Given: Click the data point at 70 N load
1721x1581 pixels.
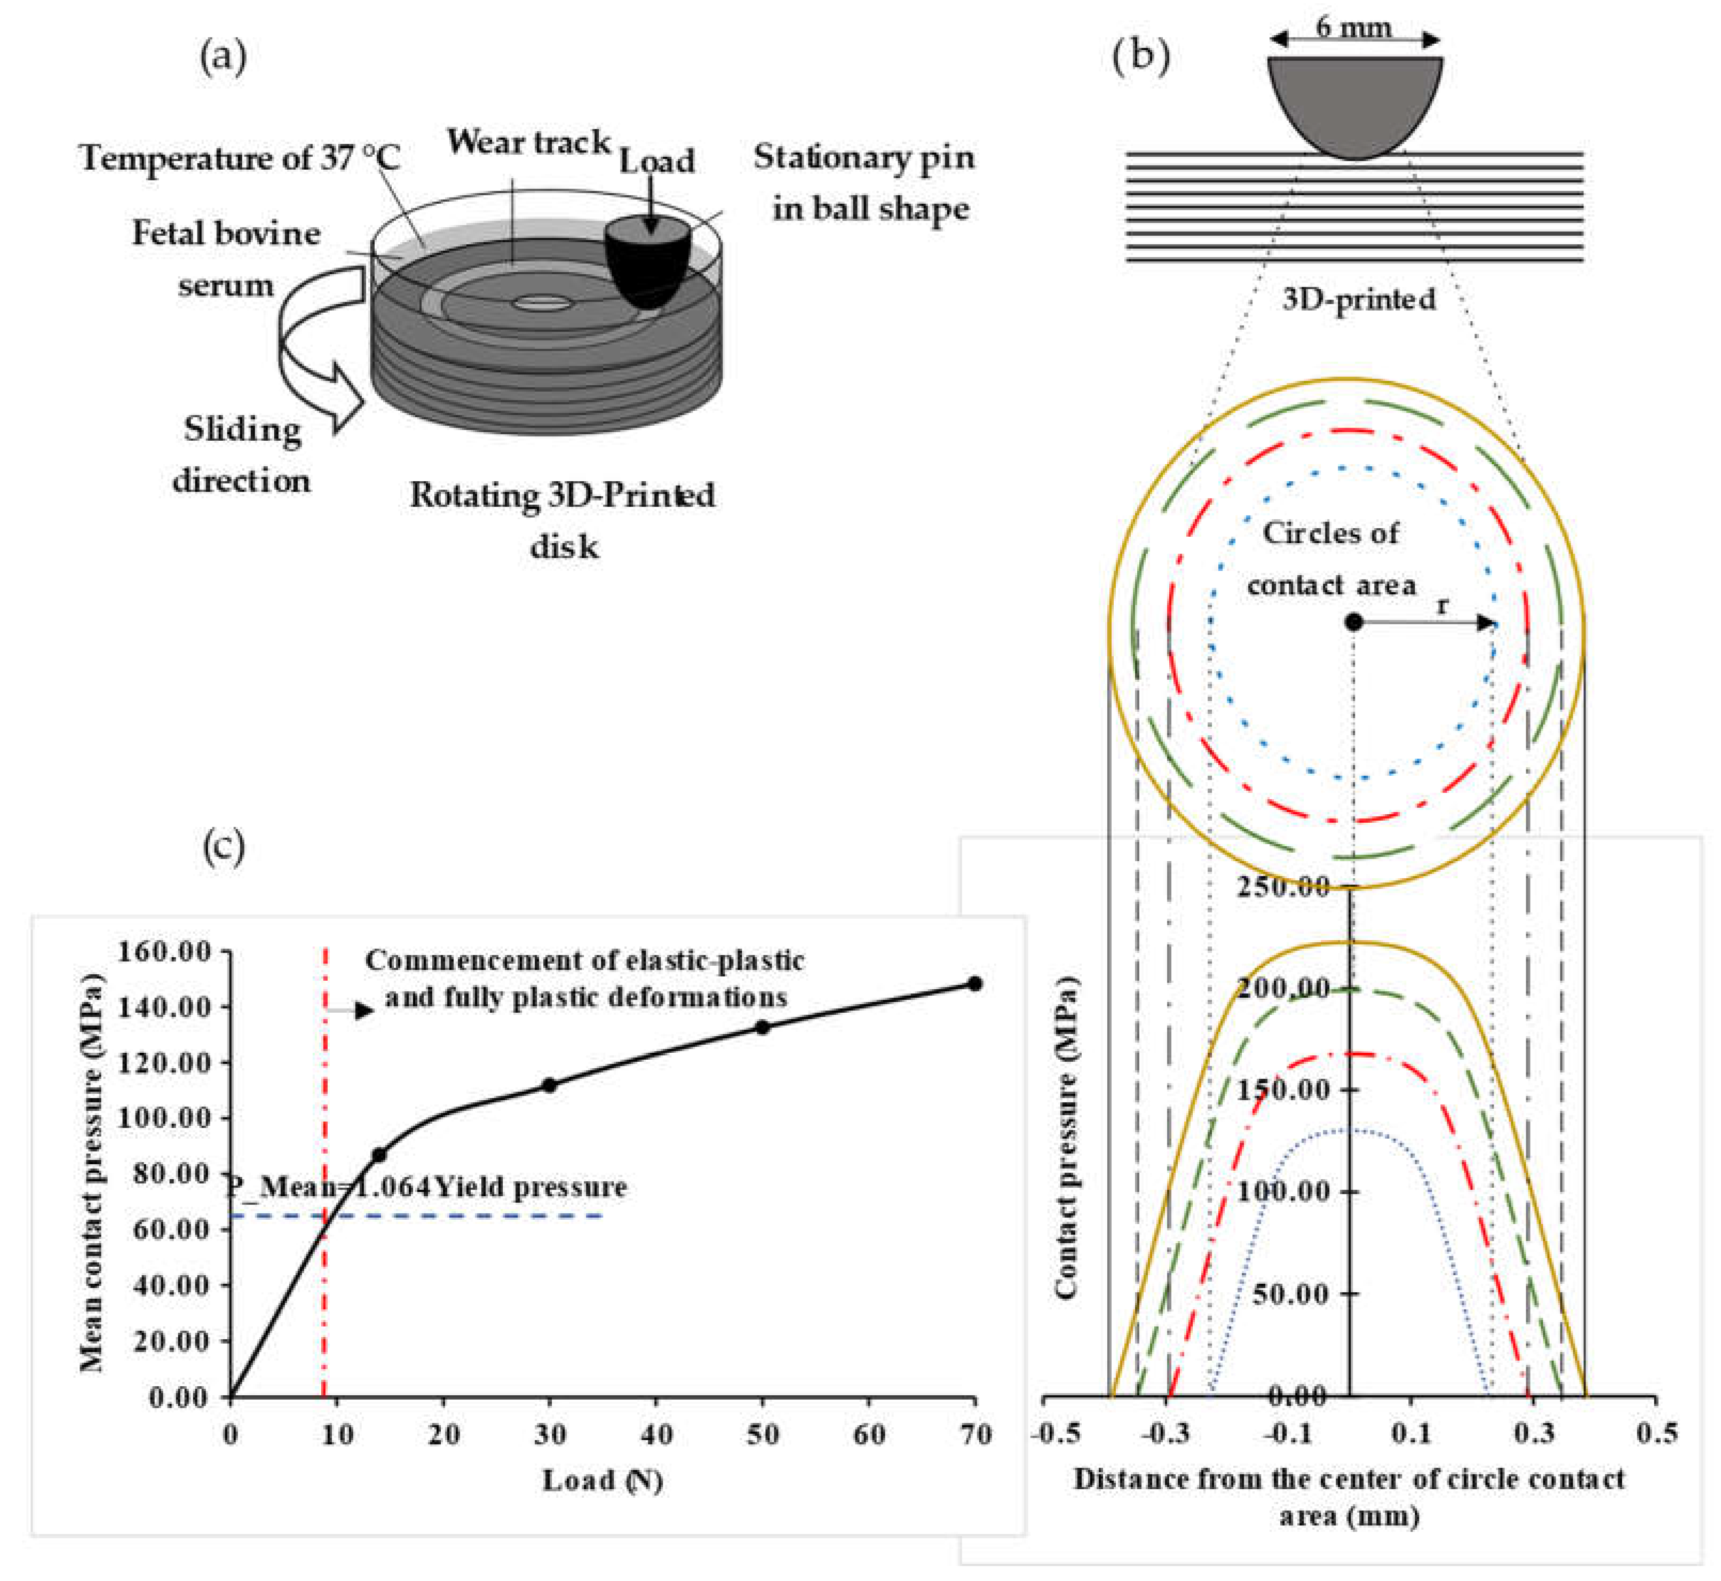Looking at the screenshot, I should tap(974, 984).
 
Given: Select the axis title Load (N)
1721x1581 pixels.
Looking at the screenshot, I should tap(602, 1481).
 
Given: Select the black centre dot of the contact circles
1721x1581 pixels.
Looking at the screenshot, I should tap(1353, 622).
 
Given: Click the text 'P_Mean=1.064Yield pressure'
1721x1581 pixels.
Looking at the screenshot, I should tap(425, 1187).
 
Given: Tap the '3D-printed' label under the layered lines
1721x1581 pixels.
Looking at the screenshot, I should tap(1358, 299).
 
